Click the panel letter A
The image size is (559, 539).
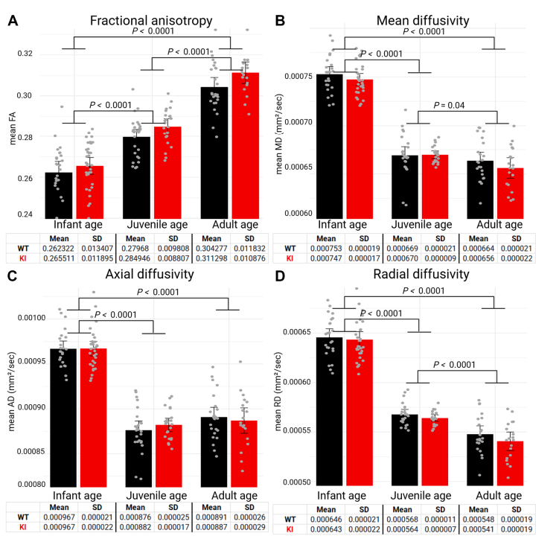(13, 22)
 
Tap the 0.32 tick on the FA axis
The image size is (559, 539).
(26, 54)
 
